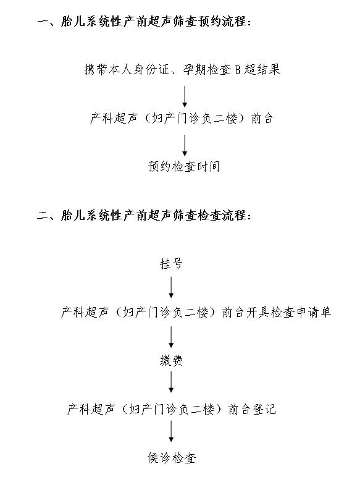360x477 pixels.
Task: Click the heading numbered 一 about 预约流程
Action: (x=144, y=22)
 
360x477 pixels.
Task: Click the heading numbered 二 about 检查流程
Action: (x=144, y=216)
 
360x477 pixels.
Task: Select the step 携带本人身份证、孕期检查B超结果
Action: (x=182, y=69)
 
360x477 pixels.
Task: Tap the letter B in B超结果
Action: (x=238, y=70)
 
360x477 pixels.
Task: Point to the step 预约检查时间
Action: (x=183, y=166)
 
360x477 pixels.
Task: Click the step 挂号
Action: (x=171, y=263)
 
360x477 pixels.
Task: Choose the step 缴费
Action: (x=171, y=361)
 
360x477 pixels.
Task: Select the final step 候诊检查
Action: (x=171, y=457)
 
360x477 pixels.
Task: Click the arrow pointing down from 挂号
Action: (x=171, y=287)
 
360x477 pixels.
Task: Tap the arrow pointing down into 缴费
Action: (x=171, y=337)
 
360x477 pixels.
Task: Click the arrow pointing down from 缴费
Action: (x=171, y=382)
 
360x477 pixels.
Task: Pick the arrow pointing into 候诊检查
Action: (x=171, y=431)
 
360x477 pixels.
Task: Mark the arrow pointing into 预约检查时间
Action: (x=185, y=145)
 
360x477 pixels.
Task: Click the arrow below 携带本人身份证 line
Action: (x=185, y=97)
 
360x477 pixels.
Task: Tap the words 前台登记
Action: (x=252, y=409)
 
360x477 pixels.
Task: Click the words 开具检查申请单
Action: (x=288, y=312)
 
